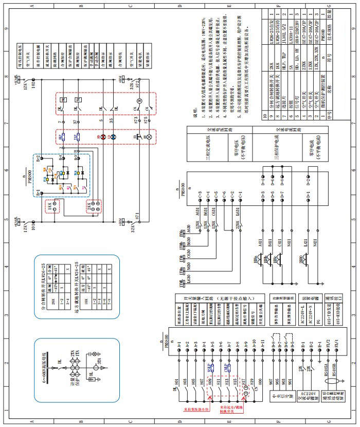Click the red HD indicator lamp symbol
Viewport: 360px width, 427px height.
tap(102, 138)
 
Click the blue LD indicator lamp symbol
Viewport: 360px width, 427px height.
tap(114, 138)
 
